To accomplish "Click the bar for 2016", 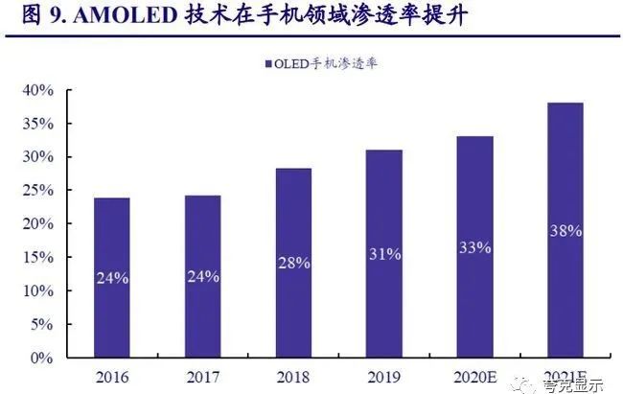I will (112, 277).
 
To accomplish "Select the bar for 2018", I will (292, 263).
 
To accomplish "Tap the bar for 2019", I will (382, 253).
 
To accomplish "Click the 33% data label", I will (473, 247).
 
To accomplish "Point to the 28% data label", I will (292, 263).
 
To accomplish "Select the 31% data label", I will (382, 254).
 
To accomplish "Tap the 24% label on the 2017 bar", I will (202, 277).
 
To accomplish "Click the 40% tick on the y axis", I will (51, 91).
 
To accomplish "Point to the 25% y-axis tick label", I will (51, 191).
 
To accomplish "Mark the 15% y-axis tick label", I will (51, 258).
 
